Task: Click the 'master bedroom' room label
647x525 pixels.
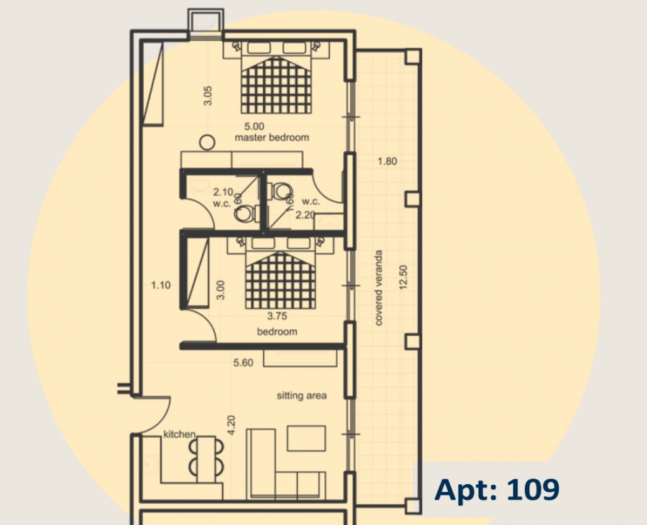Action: click(272, 137)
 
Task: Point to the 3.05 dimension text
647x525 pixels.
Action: click(207, 96)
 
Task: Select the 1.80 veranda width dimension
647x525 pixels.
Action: click(387, 162)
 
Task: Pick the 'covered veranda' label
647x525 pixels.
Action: click(379, 288)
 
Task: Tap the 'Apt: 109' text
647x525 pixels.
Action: click(497, 490)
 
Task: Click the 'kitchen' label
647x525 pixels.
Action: click(180, 435)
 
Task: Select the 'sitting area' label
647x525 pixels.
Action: click(302, 396)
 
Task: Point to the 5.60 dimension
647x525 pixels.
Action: click(243, 363)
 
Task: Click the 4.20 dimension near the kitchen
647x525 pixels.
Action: click(231, 427)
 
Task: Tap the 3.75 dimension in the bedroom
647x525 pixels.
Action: click(277, 315)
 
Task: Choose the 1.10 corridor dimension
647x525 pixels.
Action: click(161, 285)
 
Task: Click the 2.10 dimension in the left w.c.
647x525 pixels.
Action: click(223, 192)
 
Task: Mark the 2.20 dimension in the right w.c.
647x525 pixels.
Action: click(305, 214)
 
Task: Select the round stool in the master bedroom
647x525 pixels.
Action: click(207, 143)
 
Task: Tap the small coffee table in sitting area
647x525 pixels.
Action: click(306, 438)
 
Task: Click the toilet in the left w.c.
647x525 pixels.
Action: click(244, 213)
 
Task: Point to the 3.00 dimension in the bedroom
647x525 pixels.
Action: click(221, 290)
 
